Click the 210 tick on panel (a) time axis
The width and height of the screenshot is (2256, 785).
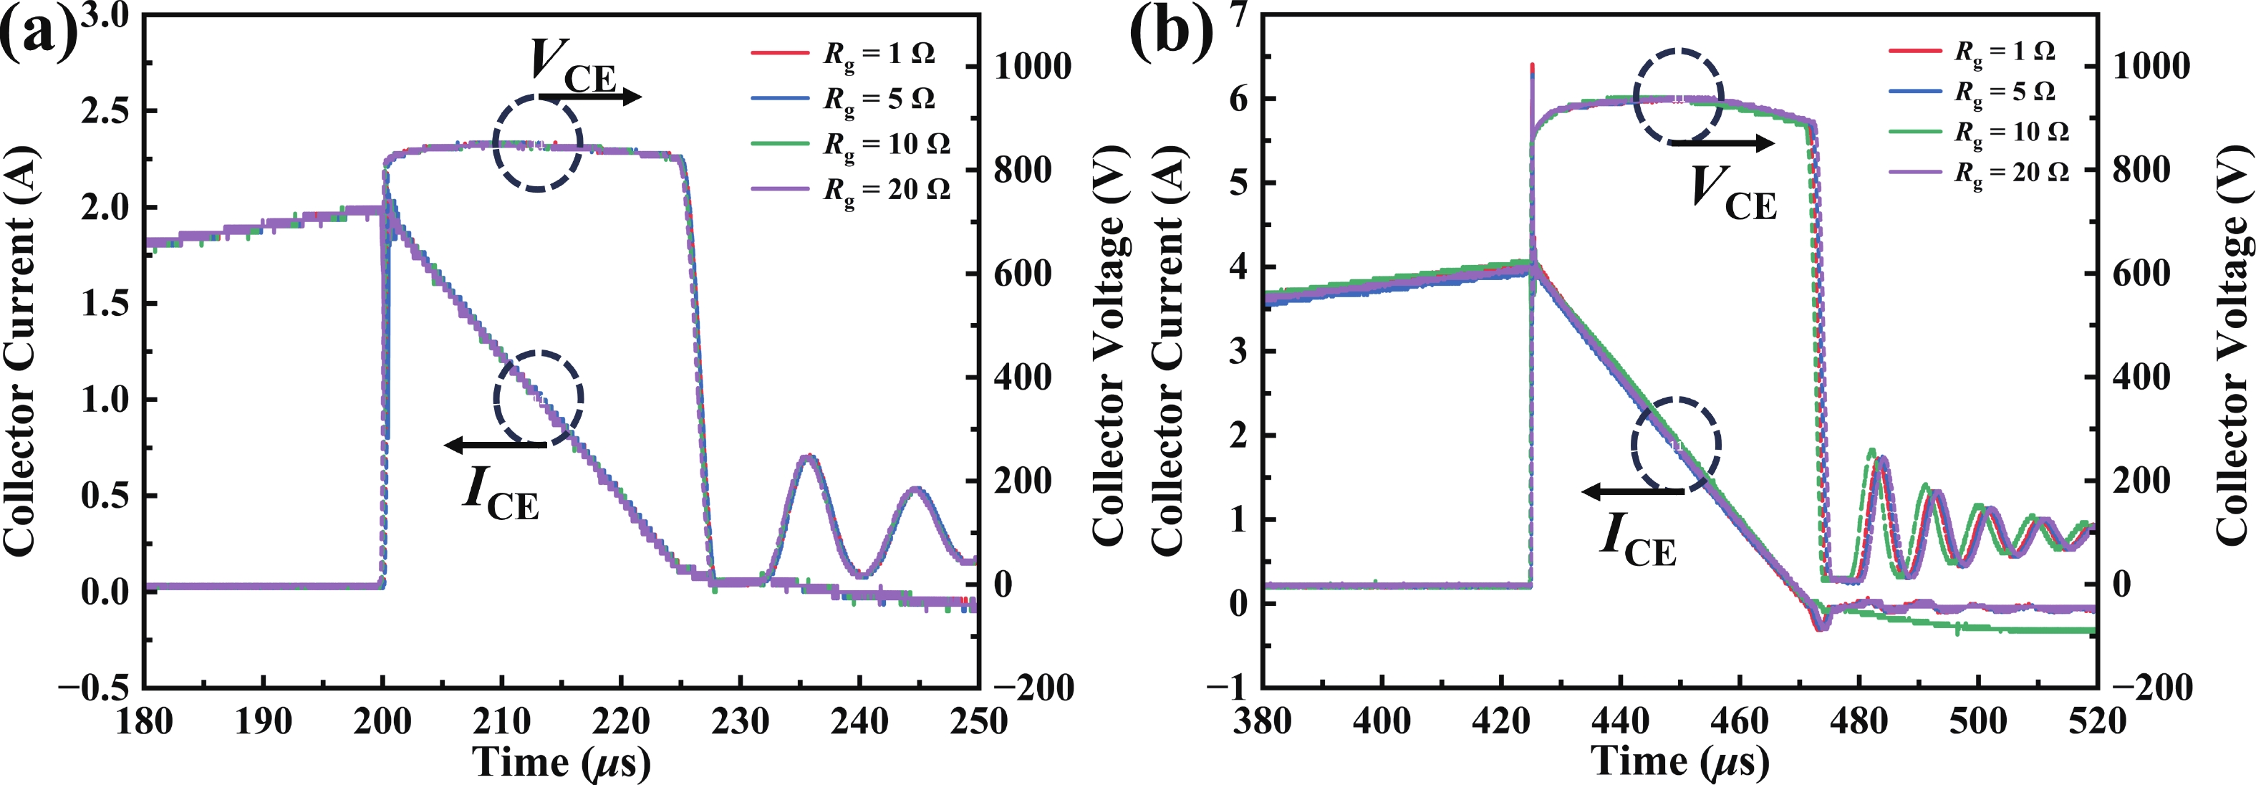coord(502,722)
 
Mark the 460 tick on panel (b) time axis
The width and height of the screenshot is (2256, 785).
coord(1740,722)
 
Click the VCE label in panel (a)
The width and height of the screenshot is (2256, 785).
coord(574,66)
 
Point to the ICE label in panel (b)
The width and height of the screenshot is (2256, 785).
coord(1638,538)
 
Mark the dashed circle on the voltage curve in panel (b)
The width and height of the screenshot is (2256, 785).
coord(1678,97)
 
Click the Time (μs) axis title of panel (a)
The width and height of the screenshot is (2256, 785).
coord(561,761)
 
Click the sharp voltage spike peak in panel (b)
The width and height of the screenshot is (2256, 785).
coord(1532,65)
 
